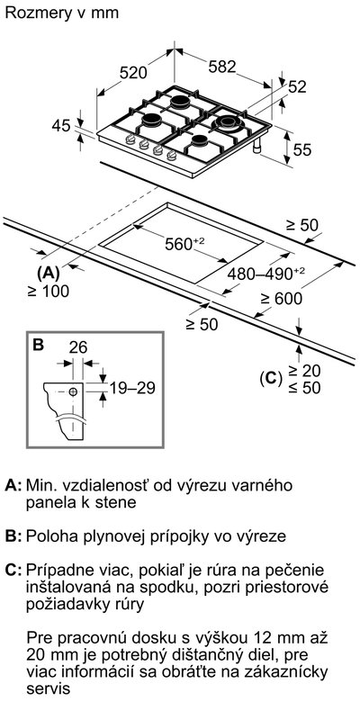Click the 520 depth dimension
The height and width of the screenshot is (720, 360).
pyautogui.click(x=133, y=73)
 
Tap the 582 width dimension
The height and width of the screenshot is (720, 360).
pyautogui.click(x=222, y=67)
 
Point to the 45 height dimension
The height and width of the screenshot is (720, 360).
pyautogui.click(x=60, y=125)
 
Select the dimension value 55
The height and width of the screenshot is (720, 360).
pyautogui.click(x=302, y=149)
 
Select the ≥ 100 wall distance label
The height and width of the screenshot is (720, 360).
pyautogui.click(x=48, y=291)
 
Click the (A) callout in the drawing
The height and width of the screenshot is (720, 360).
pyautogui.click(x=48, y=273)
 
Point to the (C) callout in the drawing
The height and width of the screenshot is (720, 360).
pyautogui.click(x=271, y=378)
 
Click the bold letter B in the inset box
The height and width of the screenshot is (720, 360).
pyautogui.click(x=39, y=345)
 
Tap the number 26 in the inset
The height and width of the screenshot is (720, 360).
pyautogui.click(x=77, y=347)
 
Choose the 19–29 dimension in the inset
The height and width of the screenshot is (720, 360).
pyautogui.click(x=132, y=388)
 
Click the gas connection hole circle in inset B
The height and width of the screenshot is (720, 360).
pyautogui.click(x=73, y=391)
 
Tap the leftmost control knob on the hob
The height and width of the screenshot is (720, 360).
pyautogui.click(x=130, y=140)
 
